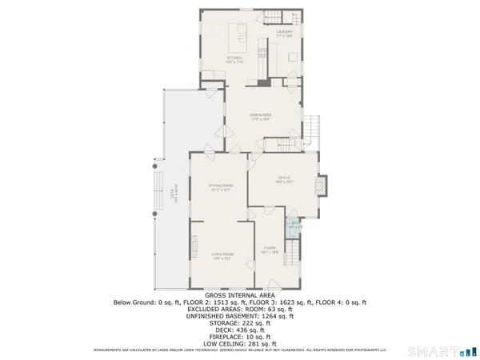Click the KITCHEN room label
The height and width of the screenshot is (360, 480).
[x=234, y=58]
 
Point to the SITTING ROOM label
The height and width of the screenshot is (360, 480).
[x=221, y=189]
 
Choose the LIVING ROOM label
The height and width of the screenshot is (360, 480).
[x=222, y=255]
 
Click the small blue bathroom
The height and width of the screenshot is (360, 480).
[x=294, y=226]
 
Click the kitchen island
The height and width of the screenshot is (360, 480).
[x=238, y=36]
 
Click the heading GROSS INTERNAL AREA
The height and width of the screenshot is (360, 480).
[x=239, y=294]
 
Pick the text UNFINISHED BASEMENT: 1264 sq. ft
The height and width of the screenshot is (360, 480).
[x=239, y=316]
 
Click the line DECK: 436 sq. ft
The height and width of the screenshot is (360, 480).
[x=239, y=330]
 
